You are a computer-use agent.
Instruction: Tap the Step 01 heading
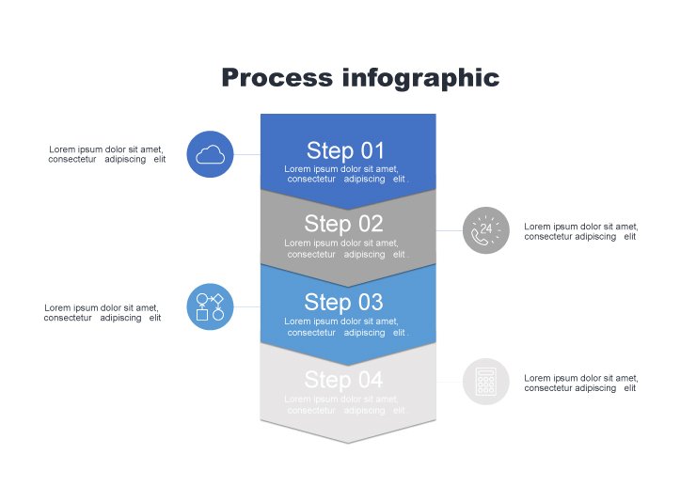tap(345, 150)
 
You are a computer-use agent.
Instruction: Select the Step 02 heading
tap(344, 224)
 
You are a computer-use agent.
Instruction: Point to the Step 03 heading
tap(344, 302)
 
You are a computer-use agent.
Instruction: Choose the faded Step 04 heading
tap(344, 380)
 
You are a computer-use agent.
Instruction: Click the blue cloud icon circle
tap(211, 154)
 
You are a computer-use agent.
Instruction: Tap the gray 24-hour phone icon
tap(486, 230)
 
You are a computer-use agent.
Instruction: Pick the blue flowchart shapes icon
tap(211, 306)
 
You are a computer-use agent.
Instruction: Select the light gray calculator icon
tap(486, 382)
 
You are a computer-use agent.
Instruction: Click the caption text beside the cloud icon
tap(106, 154)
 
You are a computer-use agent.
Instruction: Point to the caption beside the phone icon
tap(580, 231)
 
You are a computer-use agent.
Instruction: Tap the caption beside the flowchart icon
tap(102, 313)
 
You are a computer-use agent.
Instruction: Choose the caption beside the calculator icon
tap(580, 383)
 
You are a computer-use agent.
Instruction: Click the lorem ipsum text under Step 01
tap(348, 174)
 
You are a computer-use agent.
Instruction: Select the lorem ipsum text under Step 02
tap(348, 248)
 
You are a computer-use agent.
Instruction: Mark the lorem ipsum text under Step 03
tap(348, 327)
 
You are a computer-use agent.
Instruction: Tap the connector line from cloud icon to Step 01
tap(246, 154)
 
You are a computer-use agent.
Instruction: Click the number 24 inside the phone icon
tap(486, 227)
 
